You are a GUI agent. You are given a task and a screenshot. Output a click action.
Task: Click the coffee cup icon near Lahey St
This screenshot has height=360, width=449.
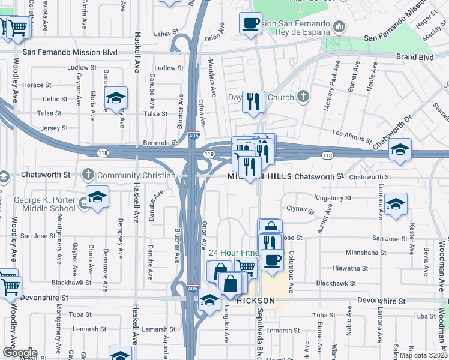point(250,23)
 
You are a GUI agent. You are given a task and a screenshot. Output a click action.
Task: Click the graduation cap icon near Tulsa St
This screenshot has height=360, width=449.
point(116,99)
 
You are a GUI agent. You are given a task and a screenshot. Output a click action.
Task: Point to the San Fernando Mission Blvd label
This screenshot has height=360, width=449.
point(70,52)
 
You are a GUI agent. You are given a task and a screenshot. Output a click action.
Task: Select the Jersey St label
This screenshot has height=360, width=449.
point(51,128)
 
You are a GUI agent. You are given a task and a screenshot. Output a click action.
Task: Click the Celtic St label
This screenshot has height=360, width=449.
point(55,99)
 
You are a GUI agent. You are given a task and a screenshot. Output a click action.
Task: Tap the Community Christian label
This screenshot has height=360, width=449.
point(136,176)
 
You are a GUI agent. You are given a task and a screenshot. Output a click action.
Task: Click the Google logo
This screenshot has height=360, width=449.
point(20,353)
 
